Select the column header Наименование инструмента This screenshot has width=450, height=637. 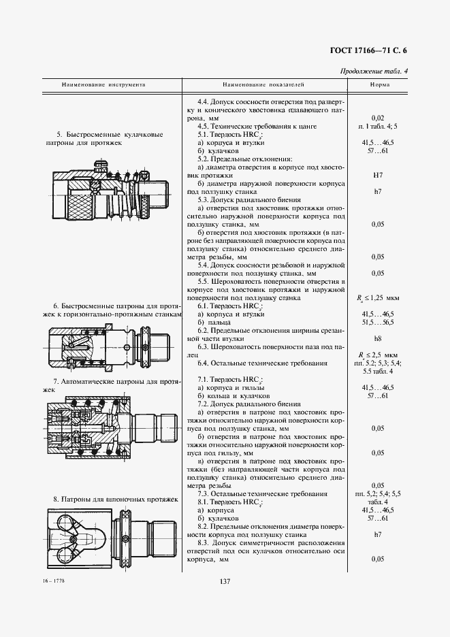click(103, 86)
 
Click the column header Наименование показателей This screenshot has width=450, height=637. click(263, 86)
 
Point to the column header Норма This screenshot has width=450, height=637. click(380, 86)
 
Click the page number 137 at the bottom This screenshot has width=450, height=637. click(225, 581)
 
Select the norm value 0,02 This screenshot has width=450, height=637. click(379, 118)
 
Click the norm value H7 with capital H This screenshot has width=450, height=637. click(379, 175)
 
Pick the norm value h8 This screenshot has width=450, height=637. click(379, 338)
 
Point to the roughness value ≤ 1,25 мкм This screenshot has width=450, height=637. click(380, 297)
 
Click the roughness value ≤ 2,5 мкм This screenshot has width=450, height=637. click(380, 355)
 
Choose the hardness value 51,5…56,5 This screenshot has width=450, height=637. click(379, 322)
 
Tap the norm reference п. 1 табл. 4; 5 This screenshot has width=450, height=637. click(380, 127)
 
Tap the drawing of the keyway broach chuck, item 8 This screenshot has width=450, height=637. click(109, 538)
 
